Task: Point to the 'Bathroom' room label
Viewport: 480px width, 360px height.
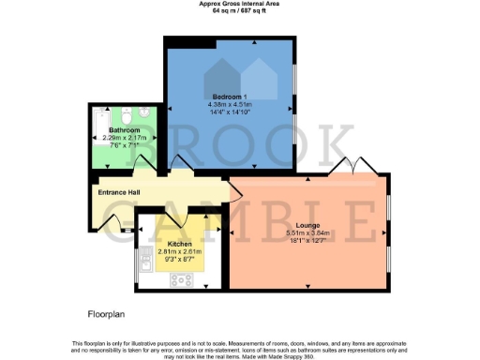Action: click(x=124, y=129)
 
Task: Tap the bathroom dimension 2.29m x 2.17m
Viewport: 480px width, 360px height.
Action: click(x=124, y=138)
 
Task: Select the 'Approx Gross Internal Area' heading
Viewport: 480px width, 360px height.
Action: click(x=239, y=4)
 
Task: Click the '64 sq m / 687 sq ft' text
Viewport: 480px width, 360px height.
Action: click(x=239, y=11)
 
